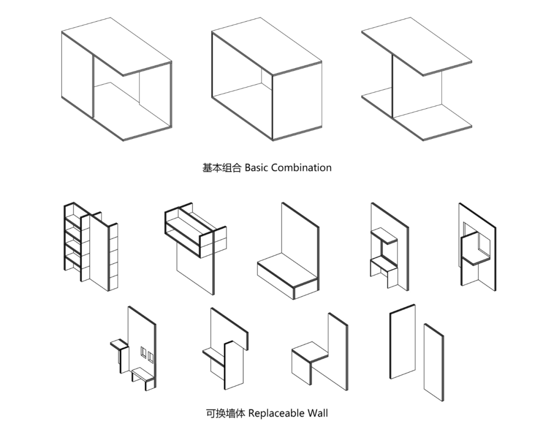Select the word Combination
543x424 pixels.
(301, 168)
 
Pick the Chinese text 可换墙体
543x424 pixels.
(225, 413)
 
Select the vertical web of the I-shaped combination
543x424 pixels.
(417, 93)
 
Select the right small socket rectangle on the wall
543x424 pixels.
(150, 357)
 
